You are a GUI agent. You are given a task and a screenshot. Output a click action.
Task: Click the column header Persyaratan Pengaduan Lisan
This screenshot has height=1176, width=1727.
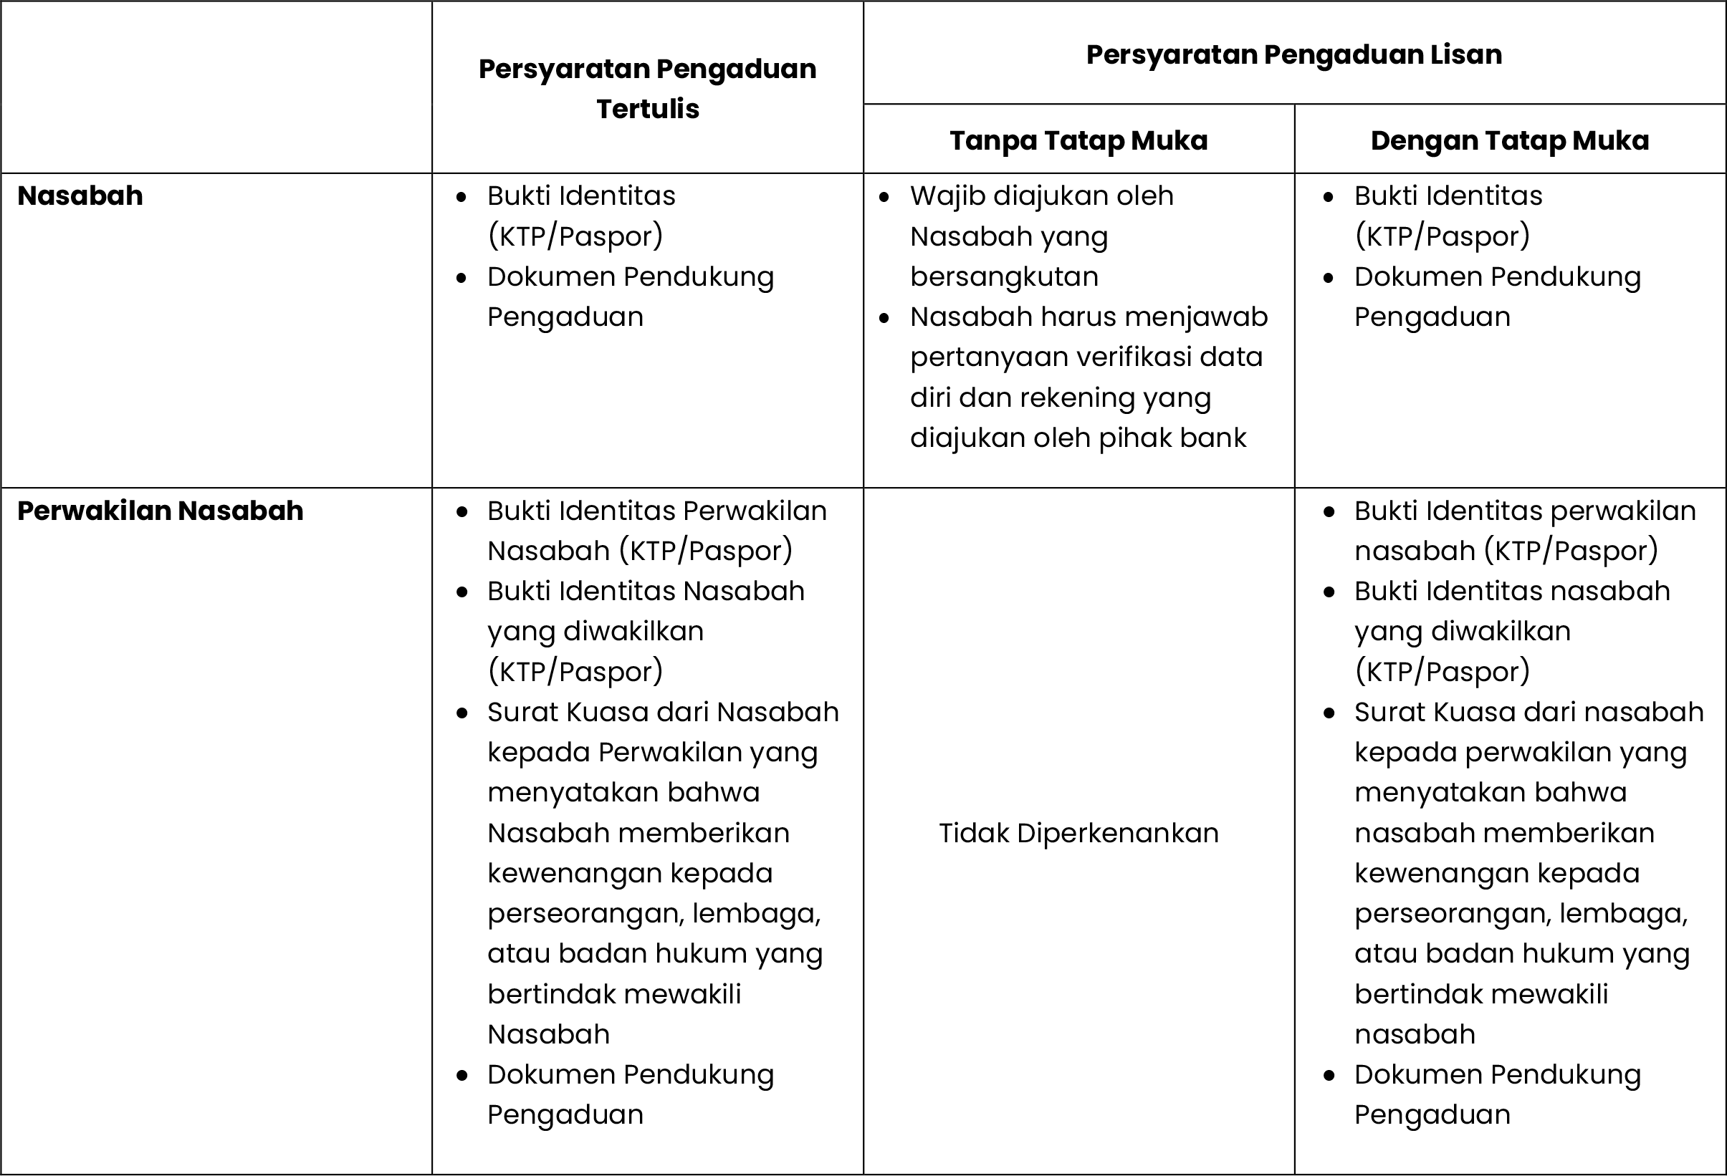1293,55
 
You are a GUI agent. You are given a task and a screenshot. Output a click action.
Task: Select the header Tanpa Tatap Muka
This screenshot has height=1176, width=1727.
1078,140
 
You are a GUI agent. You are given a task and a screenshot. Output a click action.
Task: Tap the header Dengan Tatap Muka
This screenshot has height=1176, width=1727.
1509,140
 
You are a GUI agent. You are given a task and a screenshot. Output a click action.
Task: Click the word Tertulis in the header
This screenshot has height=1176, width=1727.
647,109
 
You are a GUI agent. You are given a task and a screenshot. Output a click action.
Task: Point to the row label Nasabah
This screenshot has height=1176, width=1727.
80,196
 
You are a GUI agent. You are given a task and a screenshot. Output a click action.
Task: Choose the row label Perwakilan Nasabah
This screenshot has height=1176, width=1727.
161,511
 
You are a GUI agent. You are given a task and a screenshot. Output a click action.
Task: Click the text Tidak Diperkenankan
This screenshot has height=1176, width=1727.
1078,834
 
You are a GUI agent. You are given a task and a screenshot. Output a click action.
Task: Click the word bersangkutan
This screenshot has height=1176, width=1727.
1004,276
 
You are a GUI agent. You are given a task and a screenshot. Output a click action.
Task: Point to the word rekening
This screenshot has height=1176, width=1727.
1077,398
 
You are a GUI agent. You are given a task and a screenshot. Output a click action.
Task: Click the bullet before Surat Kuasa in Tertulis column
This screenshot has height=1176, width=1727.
462,713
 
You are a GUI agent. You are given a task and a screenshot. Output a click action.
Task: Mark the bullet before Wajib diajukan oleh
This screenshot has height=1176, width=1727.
884,198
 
